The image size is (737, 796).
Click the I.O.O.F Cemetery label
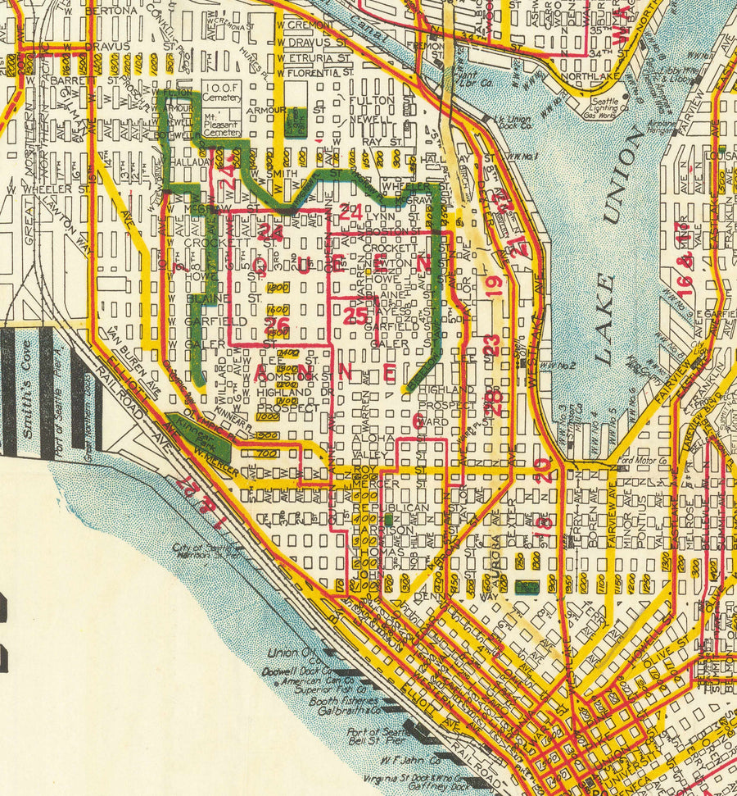click(x=221, y=93)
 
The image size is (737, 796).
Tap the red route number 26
click(x=277, y=325)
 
